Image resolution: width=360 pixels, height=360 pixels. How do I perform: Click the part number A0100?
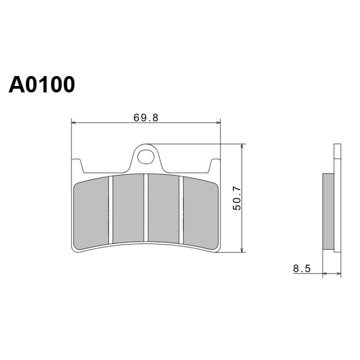[41, 84]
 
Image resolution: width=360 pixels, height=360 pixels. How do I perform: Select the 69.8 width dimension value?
[146, 118]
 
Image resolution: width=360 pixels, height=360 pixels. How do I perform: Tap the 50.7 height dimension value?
[237, 198]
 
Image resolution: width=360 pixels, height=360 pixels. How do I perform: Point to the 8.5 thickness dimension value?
[301, 268]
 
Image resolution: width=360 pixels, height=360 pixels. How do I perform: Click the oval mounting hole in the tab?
[146, 157]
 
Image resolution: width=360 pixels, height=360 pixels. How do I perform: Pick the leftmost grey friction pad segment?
[91, 213]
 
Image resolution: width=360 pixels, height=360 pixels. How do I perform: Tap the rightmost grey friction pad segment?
[201, 213]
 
